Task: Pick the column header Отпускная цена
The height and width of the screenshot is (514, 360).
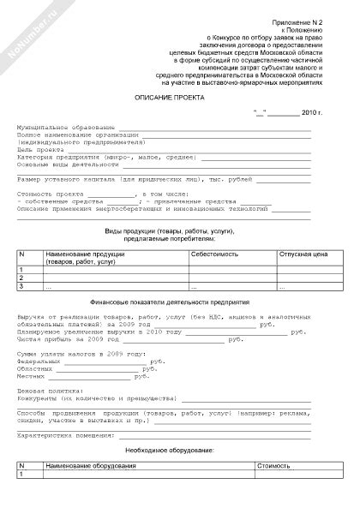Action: point(304,254)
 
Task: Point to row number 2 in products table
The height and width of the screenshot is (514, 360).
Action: point(21,278)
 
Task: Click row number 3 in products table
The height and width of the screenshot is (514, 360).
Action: point(21,286)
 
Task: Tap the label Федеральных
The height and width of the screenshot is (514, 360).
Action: point(37,362)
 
